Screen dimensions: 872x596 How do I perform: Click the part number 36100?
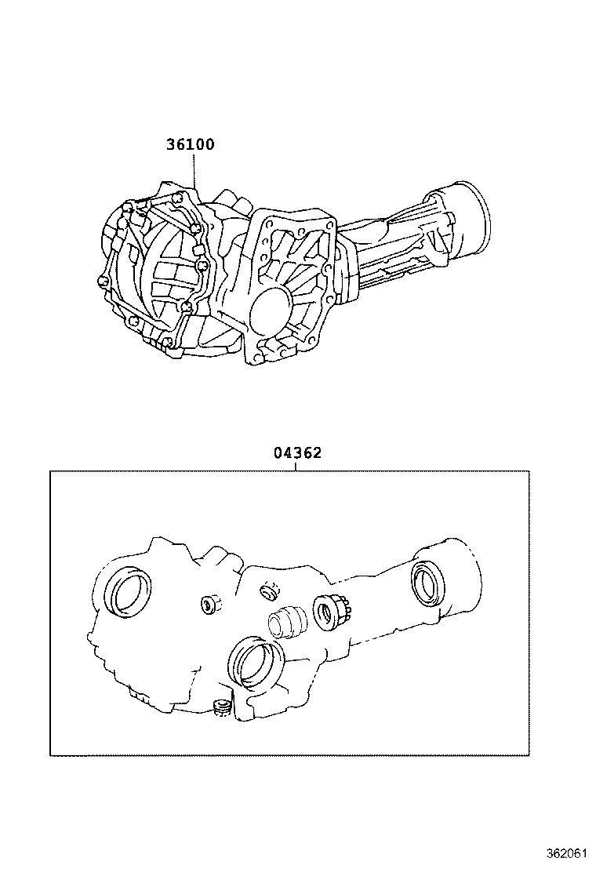pyautogui.click(x=190, y=144)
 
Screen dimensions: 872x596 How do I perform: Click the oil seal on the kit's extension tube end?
pyautogui.click(x=427, y=583)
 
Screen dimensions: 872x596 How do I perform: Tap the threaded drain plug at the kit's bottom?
pyautogui.click(x=220, y=708)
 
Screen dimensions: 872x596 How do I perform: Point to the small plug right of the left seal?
pyautogui.click(x=211, y=604)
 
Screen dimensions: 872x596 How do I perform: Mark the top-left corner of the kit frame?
pyautogui.click(x=50, y=471)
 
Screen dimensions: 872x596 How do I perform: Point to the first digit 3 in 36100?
pyautogui.click(x=170, y=144)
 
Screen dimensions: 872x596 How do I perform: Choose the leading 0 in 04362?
pyautogui.click(x=278, y=452)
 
